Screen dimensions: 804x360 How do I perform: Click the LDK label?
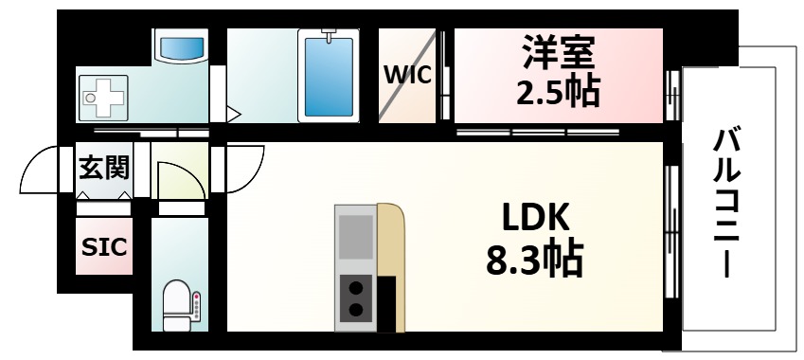tap(535, 220)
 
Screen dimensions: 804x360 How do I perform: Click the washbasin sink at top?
tap(181, 46)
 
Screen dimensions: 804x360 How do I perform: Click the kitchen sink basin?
tap(356, 237)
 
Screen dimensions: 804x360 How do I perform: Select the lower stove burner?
tap(356, 309)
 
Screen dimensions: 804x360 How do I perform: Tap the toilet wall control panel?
tap(197, 306)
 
